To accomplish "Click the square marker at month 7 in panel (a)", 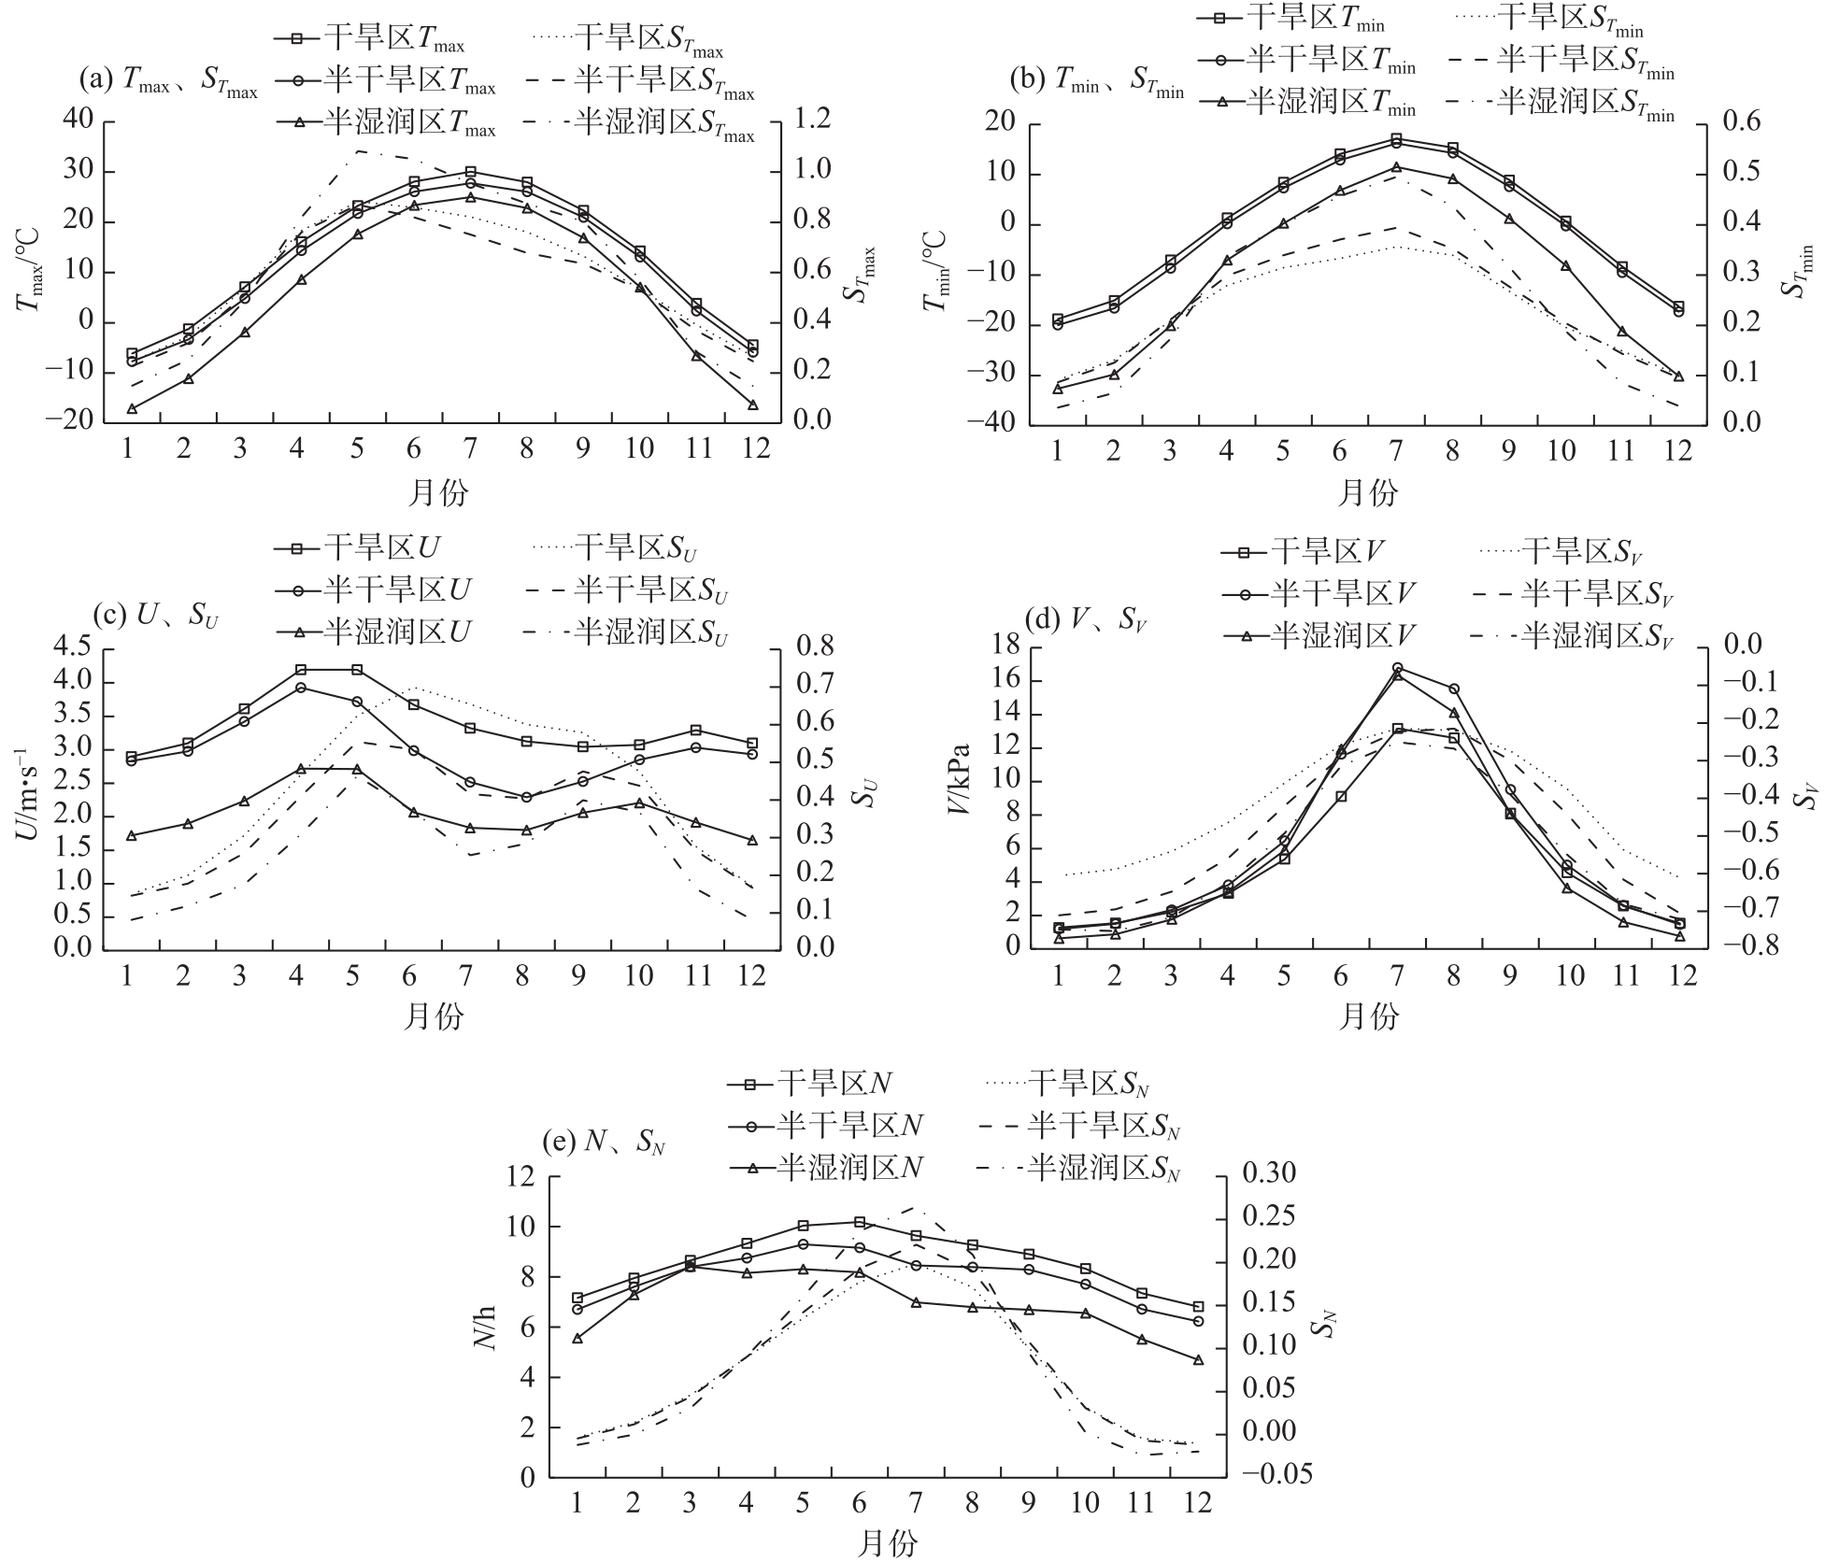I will [470, 172].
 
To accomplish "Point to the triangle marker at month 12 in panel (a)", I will [753, 405].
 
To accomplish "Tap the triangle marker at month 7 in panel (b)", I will [1396, 168].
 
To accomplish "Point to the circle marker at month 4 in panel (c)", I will [301, 688].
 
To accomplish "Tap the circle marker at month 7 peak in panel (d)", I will [1397, 668].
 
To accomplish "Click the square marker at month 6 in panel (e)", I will [860, 1222].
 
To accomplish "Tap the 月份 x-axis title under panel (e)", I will [887, 1543].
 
